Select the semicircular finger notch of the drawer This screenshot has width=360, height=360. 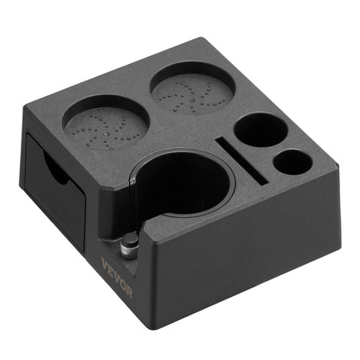coord(55,170)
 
